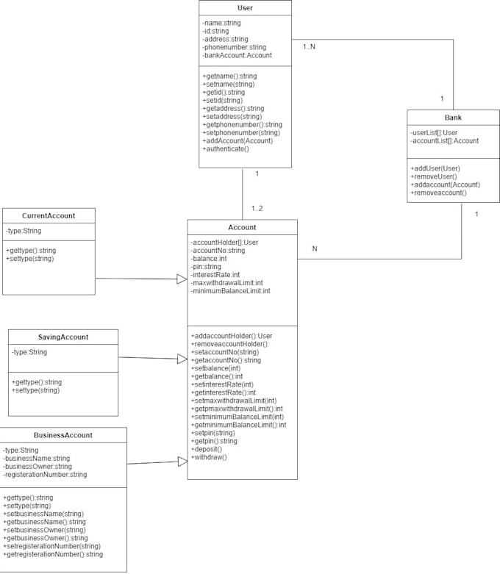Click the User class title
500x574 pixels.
[245, 8]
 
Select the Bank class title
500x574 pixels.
[453, 118]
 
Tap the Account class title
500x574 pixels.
[242, 227]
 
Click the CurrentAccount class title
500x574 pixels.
[49, 215]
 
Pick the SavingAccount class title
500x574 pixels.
[63, 337]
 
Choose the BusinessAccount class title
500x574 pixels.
[63, 435]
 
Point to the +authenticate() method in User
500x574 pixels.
[226, 149]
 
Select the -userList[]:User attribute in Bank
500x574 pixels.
[434, 132]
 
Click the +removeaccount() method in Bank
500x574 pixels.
[438, 193]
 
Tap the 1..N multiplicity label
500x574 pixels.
[310, 47]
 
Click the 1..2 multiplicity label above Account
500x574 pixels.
[256, 208]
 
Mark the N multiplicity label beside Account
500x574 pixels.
[315, 248]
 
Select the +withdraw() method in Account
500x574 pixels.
[209, 457]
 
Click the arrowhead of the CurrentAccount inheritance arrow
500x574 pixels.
[182, 279]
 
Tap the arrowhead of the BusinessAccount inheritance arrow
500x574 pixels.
[182, 461]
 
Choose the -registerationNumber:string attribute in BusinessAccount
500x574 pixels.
[45, 475]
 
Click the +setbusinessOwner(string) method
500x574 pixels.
[44, 530]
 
